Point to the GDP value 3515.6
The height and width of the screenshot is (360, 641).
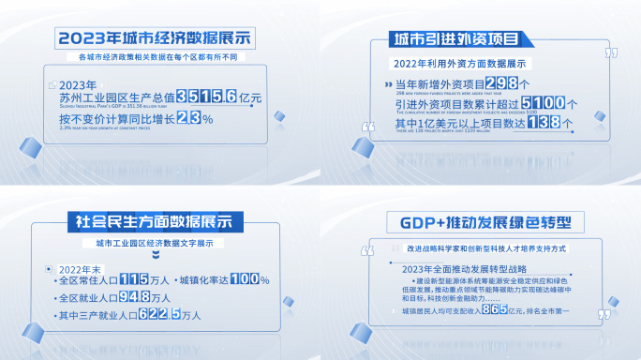click(x=192, y=97)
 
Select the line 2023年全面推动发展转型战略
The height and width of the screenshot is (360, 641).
click(x=455, y=270)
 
